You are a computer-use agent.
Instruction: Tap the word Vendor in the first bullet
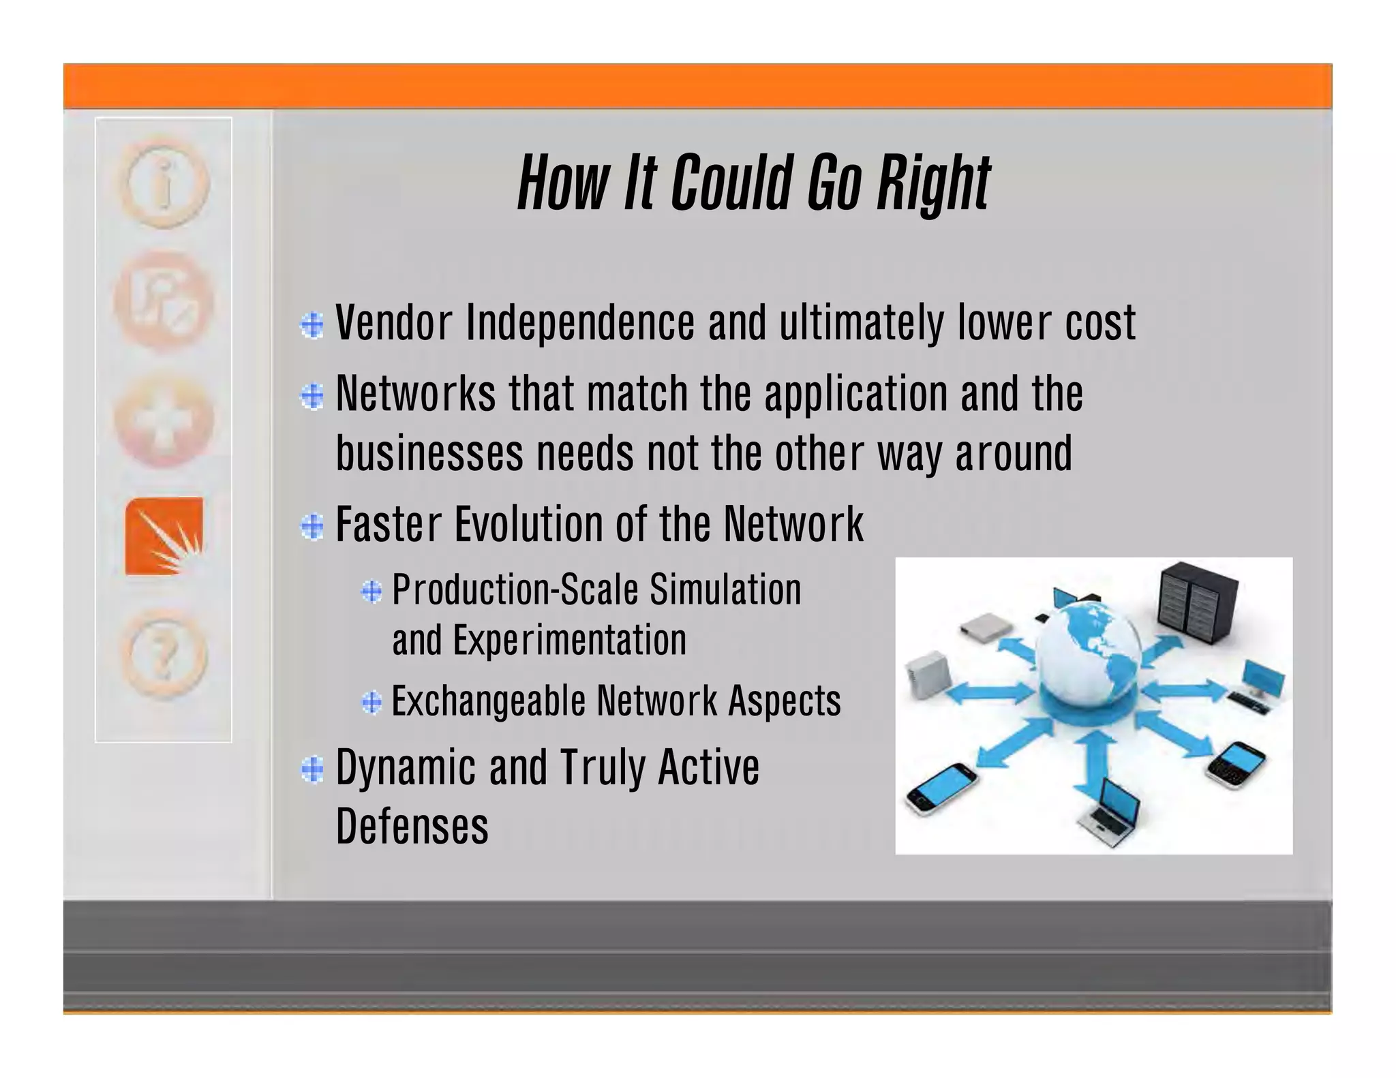click(394, 322)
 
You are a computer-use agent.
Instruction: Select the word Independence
click(580, 324)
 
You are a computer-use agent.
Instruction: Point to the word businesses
click(429, 454)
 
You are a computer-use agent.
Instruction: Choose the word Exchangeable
click(488, 702)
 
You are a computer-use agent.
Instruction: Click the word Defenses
click(412, 827)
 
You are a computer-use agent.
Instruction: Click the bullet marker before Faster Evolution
click(312, 526)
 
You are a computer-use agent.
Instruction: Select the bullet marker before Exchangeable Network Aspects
click(371, 702)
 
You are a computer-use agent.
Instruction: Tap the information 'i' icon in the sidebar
click(164, 183)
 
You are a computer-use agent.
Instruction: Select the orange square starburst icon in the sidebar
click(164, 536)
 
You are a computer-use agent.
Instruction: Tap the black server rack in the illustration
click(1198, 603)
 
